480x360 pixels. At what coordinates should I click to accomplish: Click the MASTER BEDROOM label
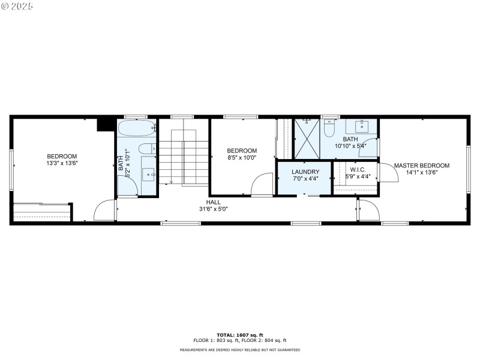click(421, 166)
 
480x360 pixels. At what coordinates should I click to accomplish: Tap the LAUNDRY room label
click(305, 172)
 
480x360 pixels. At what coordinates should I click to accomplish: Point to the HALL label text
click(214, 202)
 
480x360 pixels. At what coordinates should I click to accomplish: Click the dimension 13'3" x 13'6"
click(62, 163)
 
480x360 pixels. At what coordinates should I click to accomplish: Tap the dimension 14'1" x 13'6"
click(421, 173)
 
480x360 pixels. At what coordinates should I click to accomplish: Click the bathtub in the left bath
click(137, 128)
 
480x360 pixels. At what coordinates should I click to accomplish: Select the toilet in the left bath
click(146, 149)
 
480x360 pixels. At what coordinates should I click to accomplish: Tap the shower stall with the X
click(307, 139)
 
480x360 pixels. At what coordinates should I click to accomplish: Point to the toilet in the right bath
click(329, 129)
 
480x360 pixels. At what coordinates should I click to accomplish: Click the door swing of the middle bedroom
click(262, 184)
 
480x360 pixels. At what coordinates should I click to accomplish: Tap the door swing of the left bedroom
click(104, 211)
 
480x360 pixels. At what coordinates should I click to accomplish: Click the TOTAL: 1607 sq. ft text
click(240, 335)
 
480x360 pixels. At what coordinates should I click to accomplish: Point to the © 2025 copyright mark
click(17, 6)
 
